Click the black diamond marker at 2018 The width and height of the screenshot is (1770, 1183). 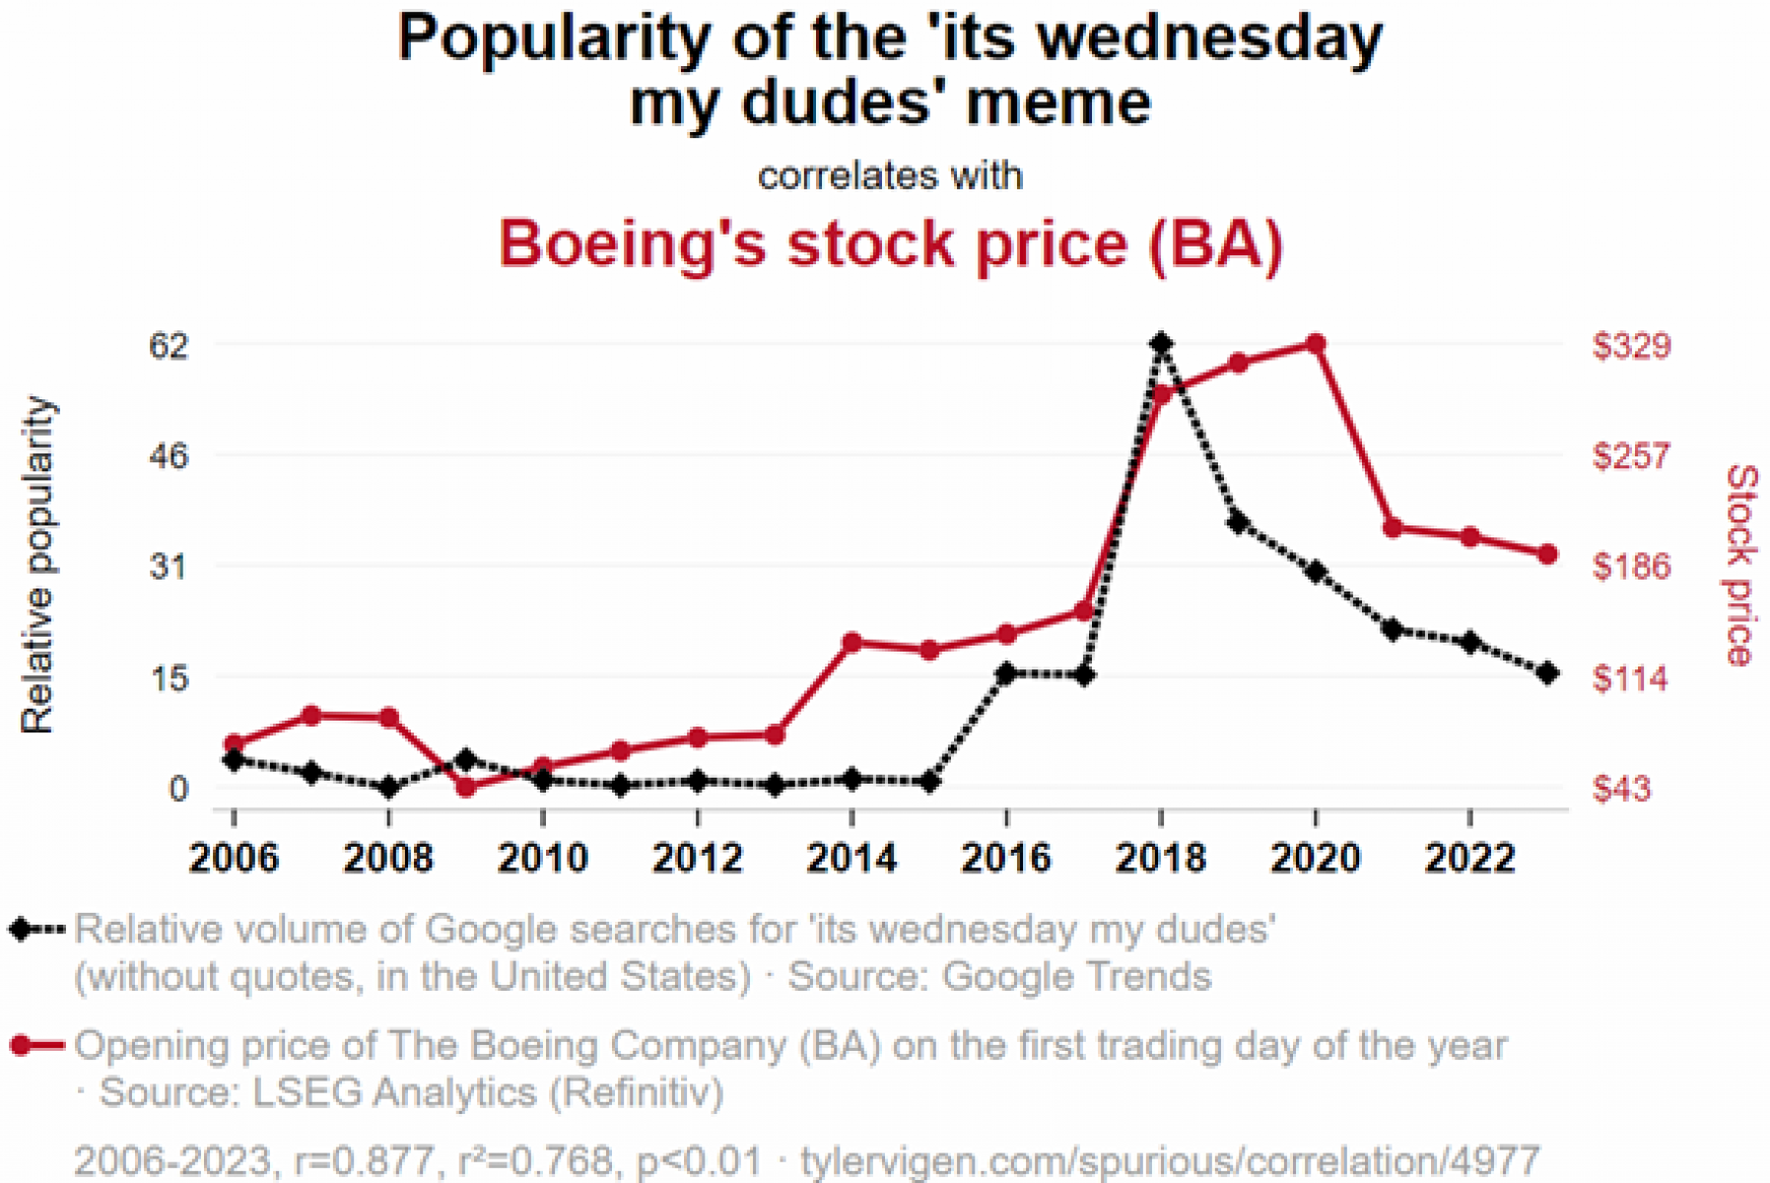coord(1161,344)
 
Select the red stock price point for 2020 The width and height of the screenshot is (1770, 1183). coord(1316,343)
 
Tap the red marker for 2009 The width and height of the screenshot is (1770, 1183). coord(466,787)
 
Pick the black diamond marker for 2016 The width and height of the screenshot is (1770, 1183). coord(1006,673)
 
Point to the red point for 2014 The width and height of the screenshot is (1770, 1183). coord(852,643)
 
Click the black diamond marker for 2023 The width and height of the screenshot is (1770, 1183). coord(1547,673)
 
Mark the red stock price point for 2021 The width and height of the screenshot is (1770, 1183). coord(1393,528)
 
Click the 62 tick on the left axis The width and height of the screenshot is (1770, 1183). coord(168,345)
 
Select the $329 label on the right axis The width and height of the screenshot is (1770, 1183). coord(1631,345)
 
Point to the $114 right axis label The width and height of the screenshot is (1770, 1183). coord(1629,678)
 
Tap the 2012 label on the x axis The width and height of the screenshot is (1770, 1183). coord(697,858)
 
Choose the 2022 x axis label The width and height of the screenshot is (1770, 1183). coord(1469,858)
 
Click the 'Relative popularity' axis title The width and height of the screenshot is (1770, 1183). coord(37,564)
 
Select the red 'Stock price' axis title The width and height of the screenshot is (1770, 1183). coord(1740,564)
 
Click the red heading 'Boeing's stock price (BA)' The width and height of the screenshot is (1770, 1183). coord(890,243)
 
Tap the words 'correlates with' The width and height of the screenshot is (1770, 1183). coord(890,175)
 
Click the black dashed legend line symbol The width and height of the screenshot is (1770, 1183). coord(36,930)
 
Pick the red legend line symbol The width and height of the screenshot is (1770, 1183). coord(36,1045)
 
